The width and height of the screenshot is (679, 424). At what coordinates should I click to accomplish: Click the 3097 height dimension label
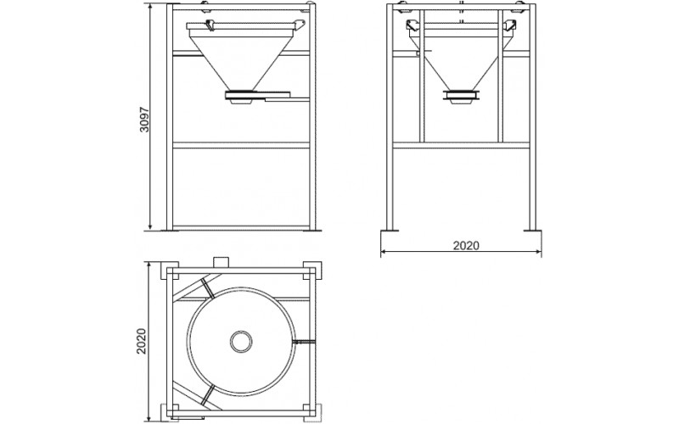pos(144,120)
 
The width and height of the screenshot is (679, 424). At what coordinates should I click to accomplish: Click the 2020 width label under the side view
pos(466,246)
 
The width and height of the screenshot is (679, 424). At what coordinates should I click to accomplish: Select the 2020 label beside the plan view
pos(142,342)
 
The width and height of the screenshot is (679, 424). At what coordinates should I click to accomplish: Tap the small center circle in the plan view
pos(241,342)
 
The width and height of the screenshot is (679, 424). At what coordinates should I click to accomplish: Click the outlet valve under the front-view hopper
pos(241,98)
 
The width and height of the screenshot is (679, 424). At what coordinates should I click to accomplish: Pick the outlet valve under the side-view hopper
pos(462,97)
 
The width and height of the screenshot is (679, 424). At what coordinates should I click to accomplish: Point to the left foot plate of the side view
pos(390,230)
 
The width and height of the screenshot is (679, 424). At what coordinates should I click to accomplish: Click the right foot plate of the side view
pos(533,230)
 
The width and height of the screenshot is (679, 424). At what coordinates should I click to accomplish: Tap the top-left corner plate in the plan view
pos(170,271)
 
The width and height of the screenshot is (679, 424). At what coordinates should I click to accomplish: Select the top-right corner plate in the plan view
pos(312,271)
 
